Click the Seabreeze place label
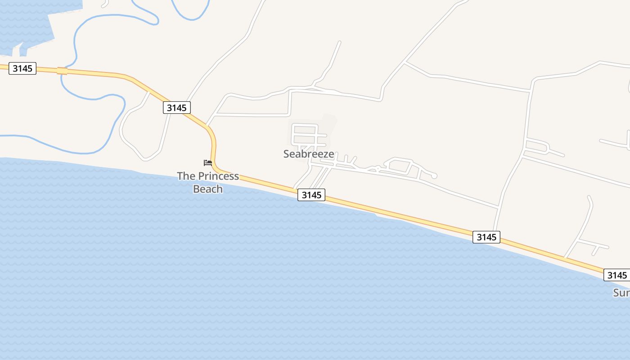pyautogui.click(x=309, y=154)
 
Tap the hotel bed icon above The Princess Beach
pyautogui.click(x=207, y=162)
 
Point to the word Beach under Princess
pyautogui.click(x=208, y=189)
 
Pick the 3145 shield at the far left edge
pyautogui.click(x=22, y=68)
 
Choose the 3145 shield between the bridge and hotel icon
pyautogui.click(x=176, y=108)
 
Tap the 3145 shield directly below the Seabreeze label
pyautogui.click(x=311, y=195)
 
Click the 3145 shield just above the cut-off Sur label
pyautogui.click(x=616, y=275)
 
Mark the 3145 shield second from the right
pyautogui.click(x=486, y=237)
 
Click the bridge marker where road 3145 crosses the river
pyautogui.click(x=62, y=71)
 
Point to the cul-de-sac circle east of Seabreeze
pyautogui.click(x=434, y=176)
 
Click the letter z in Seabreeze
pyautogui.click(x=324, y=154)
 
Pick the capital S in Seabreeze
pyautogui.click(x=287, y=154)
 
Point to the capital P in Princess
pyautogui.click(x=201, y=176)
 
